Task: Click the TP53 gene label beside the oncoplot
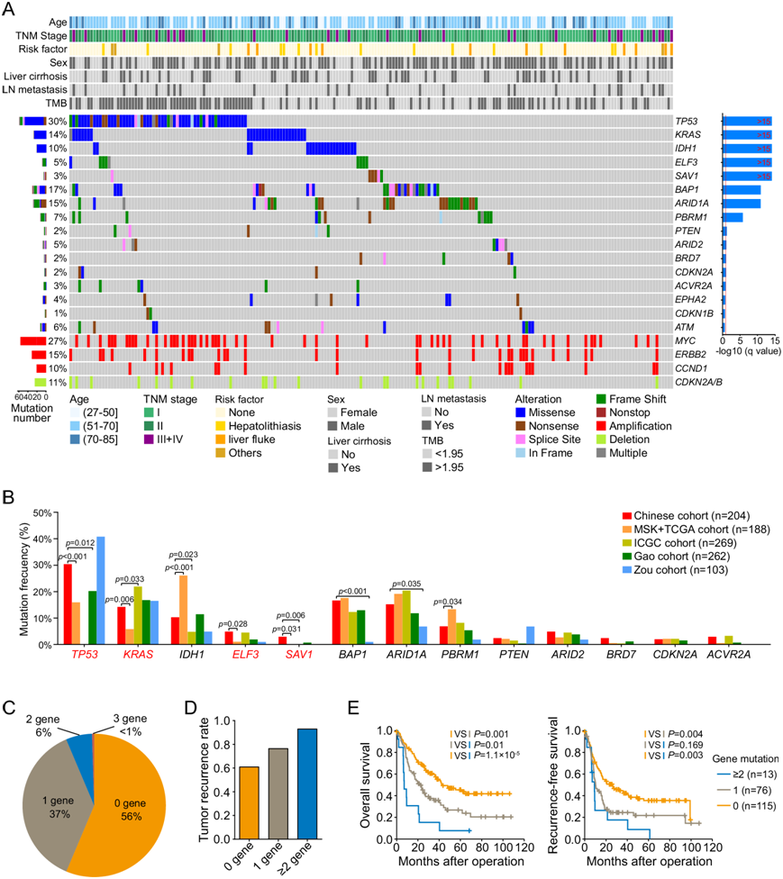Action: tap(688, 121)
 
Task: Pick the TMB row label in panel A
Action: tap(55, 103)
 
